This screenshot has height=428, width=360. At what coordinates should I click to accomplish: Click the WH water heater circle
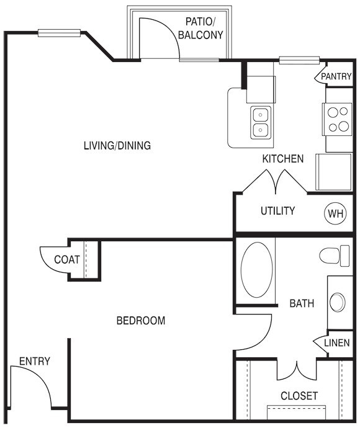coord(335,214)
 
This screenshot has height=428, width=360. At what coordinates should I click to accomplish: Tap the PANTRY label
coord(336,76)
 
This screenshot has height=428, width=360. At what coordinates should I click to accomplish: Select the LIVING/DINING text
coord(117,146)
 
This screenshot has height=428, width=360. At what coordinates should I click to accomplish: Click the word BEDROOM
coord(141,321)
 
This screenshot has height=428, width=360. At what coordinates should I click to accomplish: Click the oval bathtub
coord(256,270)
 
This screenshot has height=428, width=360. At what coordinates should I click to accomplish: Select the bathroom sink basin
coord(338,302)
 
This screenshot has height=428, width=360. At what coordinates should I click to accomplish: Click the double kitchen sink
coord(260,122)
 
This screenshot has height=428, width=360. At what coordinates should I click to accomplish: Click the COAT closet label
coord(66,259)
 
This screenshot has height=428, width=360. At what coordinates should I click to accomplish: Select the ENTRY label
coord(35,361)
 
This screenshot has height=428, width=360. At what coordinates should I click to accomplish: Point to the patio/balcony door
coord(158,38)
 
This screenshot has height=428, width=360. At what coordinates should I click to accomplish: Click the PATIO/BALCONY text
coord(200,29)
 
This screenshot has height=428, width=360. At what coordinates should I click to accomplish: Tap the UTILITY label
coord(277,211)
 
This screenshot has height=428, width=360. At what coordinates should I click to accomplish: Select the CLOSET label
coord(299,395)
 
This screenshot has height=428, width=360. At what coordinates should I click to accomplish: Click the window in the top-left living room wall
coord(59,32)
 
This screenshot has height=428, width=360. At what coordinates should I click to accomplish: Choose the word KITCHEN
coord(282,159)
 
